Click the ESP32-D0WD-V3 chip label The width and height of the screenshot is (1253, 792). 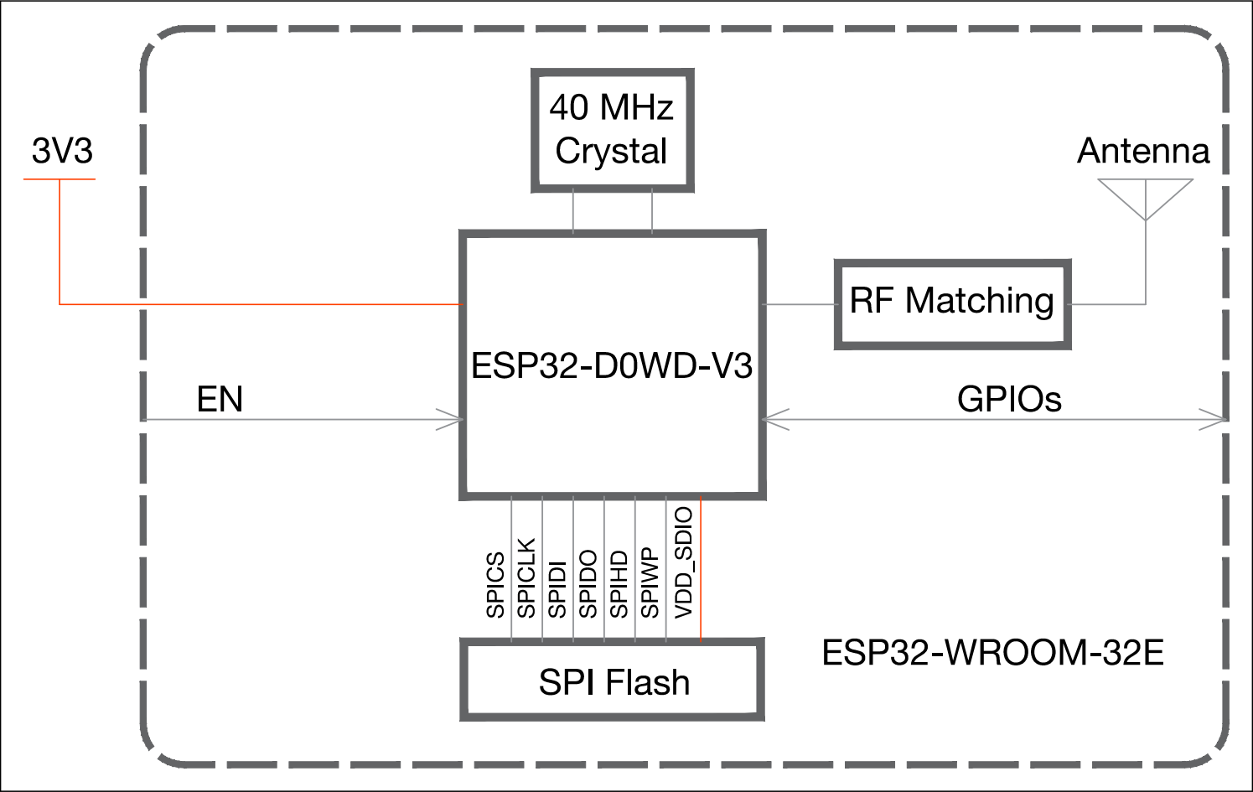click(612, 365)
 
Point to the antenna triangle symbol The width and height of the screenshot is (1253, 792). click(1146, 199)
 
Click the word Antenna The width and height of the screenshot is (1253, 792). click(1143, 151)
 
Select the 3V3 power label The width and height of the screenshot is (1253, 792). click(62, 151)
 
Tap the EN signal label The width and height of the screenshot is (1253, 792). click(220, 399)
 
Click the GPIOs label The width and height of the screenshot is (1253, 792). click(1010, 400)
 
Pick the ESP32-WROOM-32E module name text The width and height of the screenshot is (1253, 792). click(993, 652)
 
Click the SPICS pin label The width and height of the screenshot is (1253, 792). click(495, 585)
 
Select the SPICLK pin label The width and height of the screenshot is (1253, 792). click(526, 577)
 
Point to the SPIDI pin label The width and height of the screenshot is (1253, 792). click(557, 590)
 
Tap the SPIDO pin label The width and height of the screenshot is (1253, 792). click(588, 584)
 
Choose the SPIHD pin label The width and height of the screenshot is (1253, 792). click(619, 584)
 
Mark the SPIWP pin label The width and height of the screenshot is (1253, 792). click(650, 582)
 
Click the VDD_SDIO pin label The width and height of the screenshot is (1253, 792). click(684, 562)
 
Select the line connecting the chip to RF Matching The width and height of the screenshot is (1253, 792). click(800, 304)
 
